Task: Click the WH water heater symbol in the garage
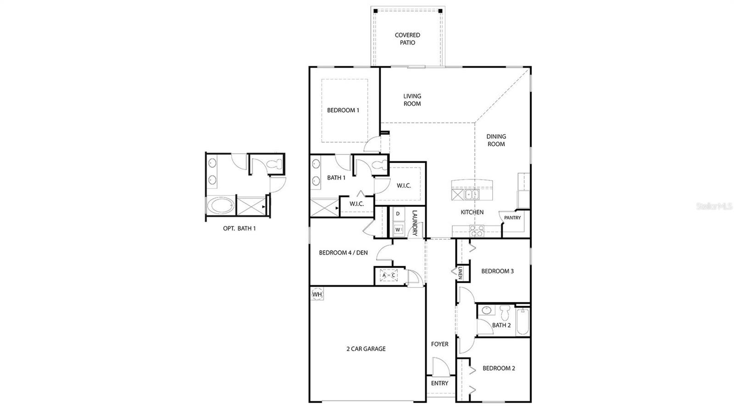coord(317,294)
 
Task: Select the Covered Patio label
coord(407,39)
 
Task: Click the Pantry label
coord(512,218)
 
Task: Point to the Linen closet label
coord(460,274)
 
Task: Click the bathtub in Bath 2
coord(523,321)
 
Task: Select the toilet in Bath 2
coord(505,313)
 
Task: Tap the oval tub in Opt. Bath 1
coord(220,206)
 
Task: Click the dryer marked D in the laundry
coord(398,214)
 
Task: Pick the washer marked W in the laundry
coord(397,229)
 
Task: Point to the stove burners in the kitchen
coord(476,231)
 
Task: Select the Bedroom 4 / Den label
coord(343,253)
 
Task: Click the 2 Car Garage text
coord(366,349)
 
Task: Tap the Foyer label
coord(439,344)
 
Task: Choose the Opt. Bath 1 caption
coord(239,228)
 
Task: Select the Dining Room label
coord(496,140)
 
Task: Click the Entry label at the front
coord(439,383)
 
